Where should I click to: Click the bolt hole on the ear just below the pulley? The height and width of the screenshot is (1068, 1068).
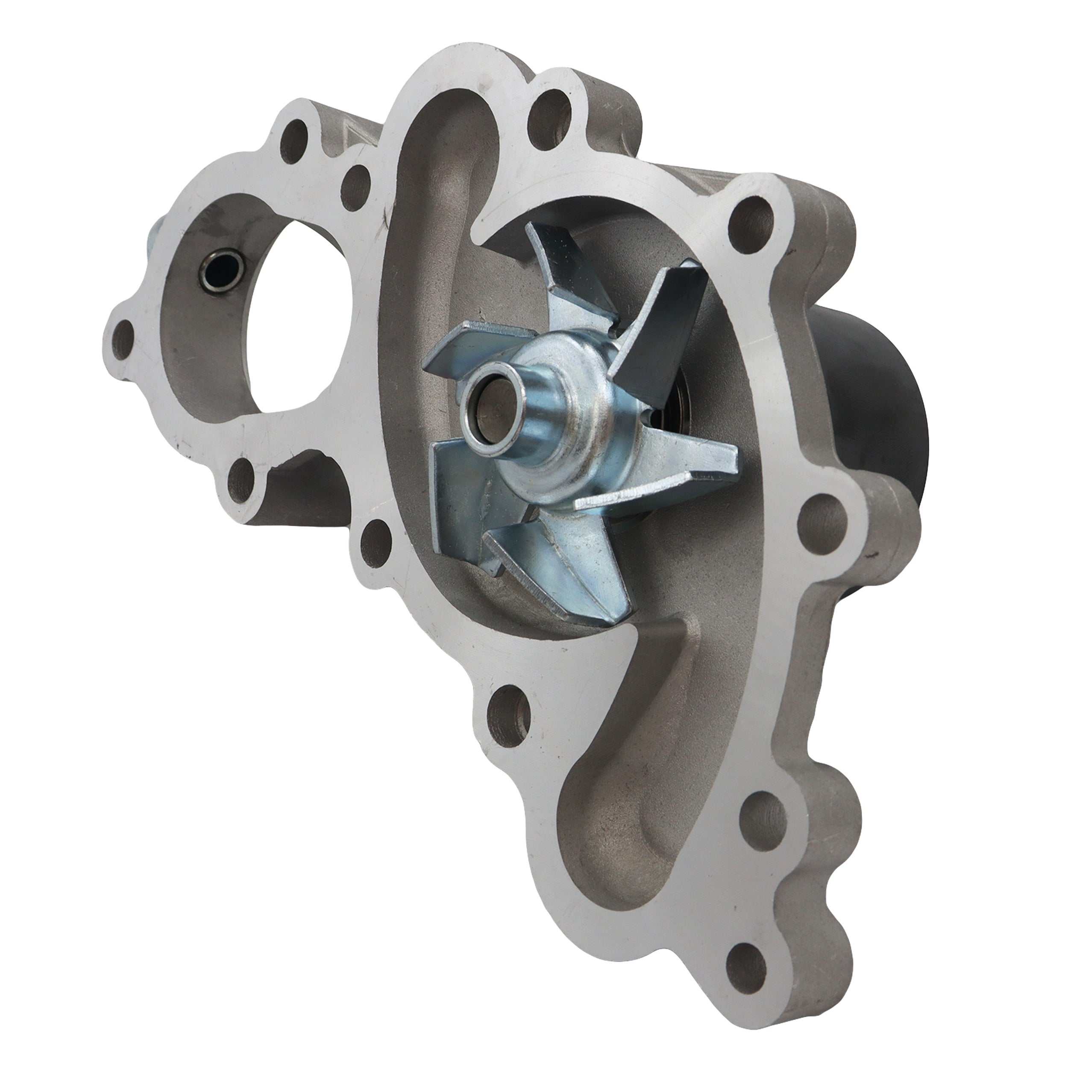(x=824, y=511)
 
